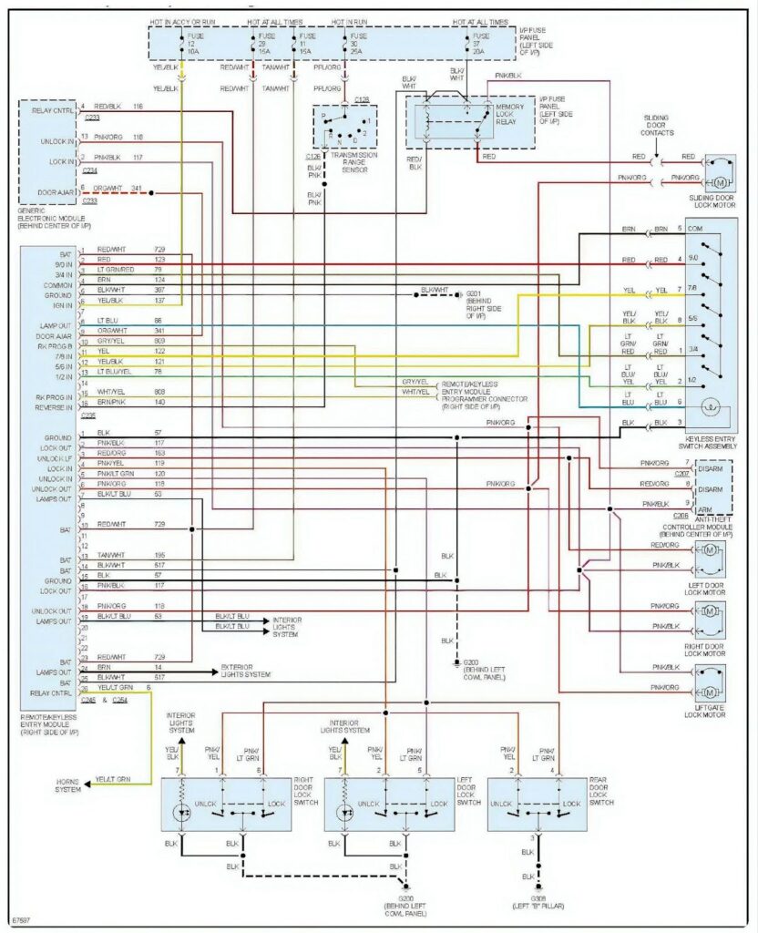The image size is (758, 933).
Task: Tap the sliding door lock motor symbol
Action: pyautogui.click(x=720, y=169)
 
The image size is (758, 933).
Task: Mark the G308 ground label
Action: pyautogui.click(x=540, y=904)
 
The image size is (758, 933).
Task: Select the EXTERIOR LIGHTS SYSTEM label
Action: pyautogui.click(x=245, y=672)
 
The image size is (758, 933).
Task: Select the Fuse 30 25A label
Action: pyautogui.click(x=345, y=47)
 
